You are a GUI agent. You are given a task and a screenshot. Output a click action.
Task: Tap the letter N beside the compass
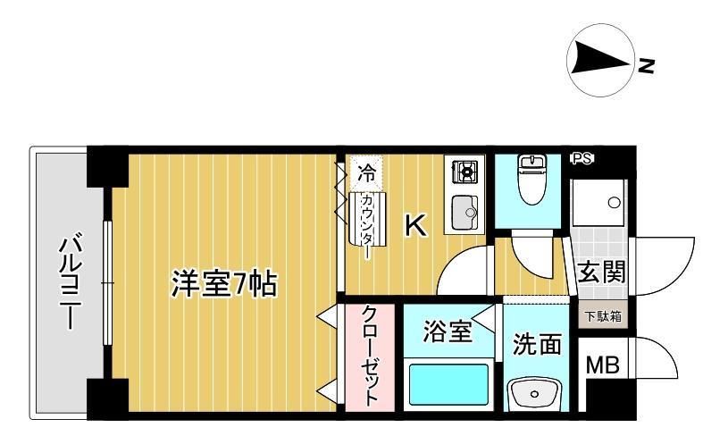646,66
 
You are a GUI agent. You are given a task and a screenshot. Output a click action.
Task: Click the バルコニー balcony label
70,283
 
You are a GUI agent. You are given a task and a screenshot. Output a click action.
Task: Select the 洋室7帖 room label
224,284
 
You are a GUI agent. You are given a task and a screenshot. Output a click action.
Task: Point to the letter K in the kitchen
416,226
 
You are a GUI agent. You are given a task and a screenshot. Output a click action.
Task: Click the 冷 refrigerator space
367,173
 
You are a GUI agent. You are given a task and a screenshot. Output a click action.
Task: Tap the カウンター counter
367,218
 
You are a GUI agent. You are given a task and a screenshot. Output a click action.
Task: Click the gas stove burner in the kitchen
465,172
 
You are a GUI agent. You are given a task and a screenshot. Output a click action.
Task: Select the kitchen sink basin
464,213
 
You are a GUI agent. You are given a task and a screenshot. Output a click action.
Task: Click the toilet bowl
533,180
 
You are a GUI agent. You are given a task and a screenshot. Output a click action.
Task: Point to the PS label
582,159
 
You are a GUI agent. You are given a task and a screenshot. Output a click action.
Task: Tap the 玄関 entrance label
602,272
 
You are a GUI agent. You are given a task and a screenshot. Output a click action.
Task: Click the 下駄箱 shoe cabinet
602,315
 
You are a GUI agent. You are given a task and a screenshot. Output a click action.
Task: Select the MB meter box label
603,365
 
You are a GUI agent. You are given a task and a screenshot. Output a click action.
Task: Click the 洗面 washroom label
537,345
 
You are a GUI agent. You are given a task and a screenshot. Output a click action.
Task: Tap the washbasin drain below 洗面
534,394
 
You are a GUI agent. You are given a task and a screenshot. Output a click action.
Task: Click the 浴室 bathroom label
448,331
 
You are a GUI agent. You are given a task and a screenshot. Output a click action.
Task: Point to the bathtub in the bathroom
448,384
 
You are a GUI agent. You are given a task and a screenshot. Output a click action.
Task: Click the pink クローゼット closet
370,357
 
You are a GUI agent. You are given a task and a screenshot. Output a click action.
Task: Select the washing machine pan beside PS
599,203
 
